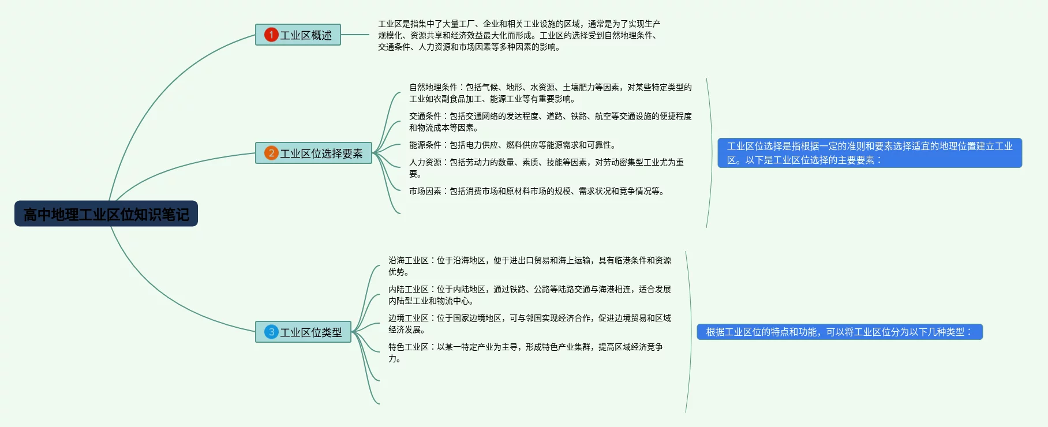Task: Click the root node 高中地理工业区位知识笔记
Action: pos(106,214)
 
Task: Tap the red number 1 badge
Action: pos(271,35)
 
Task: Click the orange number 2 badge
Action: pos(271,153)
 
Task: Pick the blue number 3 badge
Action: pos(271,332)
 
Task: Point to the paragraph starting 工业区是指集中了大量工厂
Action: pos(519,35)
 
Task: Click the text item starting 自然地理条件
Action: pos(550,93)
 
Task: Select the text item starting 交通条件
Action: pos(550,122)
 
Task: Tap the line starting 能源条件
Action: pos(512,145)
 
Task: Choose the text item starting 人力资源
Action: pos(546,168)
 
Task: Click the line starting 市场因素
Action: pos(537,191)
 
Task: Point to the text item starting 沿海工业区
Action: pos(529,266)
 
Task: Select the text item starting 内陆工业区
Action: pos(529,295)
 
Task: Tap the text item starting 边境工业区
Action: pos(529,324)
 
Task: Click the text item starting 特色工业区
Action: pos(525,353)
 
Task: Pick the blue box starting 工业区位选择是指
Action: pos(869,153)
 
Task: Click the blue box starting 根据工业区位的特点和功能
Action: pos(839,332)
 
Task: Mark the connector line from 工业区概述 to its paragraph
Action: pos(355,35)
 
